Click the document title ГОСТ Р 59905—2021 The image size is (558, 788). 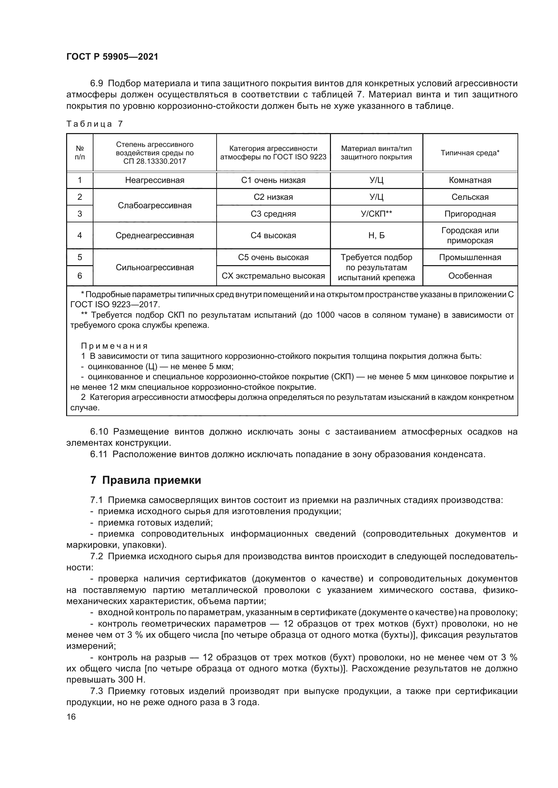[x=112, y=57]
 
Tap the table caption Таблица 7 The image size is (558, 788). [x=94, y=124]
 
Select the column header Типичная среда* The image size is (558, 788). [x=470, y=153]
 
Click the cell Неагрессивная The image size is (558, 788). [x=155, y=180]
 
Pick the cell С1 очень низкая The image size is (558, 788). [x=273, y=180]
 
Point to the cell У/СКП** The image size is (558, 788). [x=376, y=214]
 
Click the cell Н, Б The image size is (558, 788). [x=376, y=235]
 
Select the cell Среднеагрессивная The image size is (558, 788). [x=155, y=235]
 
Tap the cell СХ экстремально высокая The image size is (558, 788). [x=273, y=276]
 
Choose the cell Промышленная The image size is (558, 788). [x=470, y=257]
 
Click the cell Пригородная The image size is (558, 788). [x=470, y=214]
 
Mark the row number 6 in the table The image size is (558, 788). [x=80, y=276]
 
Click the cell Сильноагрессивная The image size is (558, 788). [x=155, y=267]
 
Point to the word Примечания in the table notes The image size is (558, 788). [x=114, y=346]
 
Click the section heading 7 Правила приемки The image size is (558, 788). [x=146, y=480]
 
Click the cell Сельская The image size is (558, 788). [x=470, y=197]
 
